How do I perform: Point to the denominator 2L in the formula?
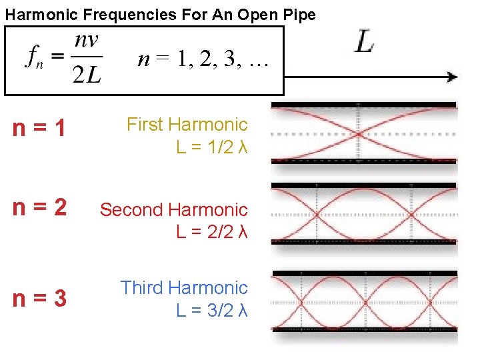tap(87, 75)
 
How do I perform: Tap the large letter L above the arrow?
tap(364, 41)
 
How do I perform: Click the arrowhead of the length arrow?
tap(453, 77)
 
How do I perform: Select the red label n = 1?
tap(39, 128)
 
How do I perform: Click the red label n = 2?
tap(39, 209)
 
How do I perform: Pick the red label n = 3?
tap(39, 298)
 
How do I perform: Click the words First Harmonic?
tap(187, 124)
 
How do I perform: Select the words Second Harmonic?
tap(173, 209)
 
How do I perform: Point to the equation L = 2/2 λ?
tap(212, 232)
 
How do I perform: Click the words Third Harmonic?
tap(183, 287)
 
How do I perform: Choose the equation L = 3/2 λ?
tap(212, 310)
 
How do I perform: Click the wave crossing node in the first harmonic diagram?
tap(359, 133)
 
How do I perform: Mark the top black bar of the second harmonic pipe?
tap(364, 185)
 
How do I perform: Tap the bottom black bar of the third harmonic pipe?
tap(365, 329)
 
